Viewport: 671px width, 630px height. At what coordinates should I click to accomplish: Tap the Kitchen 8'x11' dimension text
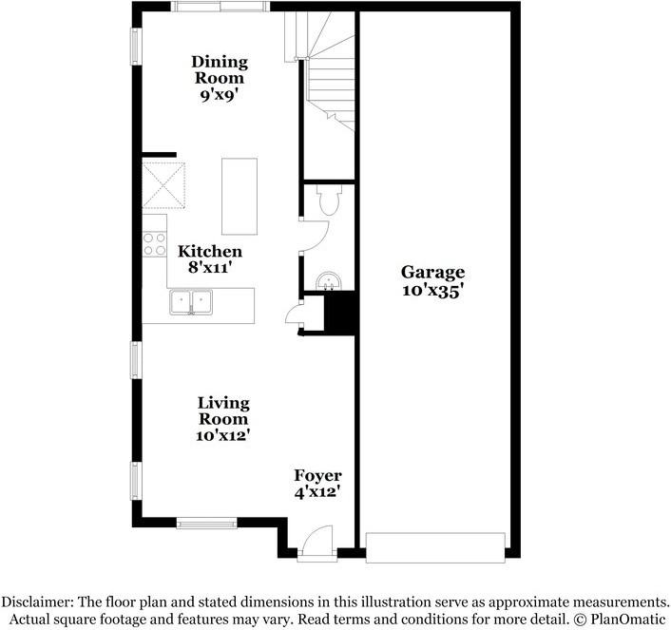209,269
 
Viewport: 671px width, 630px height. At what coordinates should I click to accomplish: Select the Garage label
431,274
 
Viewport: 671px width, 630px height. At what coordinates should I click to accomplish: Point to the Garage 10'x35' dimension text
431,292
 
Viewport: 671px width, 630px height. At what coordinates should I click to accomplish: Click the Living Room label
223,410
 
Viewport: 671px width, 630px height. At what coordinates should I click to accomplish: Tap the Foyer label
317,475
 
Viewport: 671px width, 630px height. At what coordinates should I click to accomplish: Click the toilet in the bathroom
329,200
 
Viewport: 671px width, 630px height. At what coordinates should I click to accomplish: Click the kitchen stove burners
154,243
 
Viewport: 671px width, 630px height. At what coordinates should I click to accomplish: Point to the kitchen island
240,196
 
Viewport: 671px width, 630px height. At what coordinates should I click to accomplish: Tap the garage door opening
435,548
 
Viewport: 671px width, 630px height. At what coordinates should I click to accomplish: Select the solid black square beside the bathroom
339,314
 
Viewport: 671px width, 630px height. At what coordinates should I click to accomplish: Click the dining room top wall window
220,7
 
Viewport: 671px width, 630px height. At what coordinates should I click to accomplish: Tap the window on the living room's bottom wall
206,522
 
